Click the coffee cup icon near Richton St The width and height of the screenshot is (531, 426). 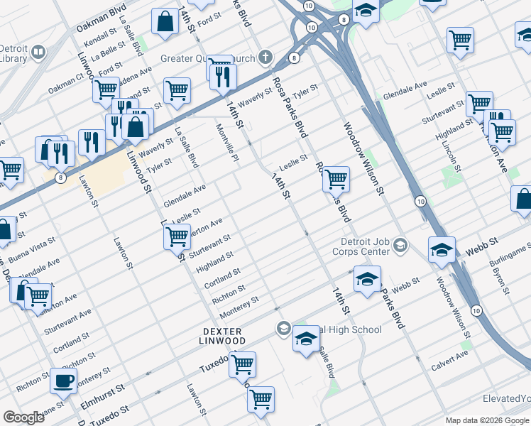pyautogui.click(x=64, y=380)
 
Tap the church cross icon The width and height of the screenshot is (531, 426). pyautogui.click(x=265, y=56)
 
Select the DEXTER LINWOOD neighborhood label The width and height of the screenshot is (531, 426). pyautogui.click(x=223, y=337)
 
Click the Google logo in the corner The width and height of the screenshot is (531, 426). pyautogui.click(x=23, y=417)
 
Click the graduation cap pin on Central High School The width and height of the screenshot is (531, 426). pyautogui.click(x=306, y=340)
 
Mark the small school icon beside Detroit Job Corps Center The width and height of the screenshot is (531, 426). pyautogui.click(x=400, y=246)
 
